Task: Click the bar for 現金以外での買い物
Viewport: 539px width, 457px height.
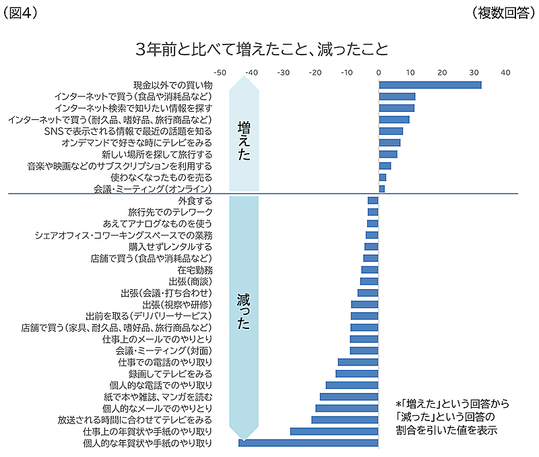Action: point(430,85)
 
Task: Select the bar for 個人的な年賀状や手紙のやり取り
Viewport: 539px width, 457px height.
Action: point(309,443)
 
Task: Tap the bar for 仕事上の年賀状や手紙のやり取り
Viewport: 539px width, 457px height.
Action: point(334,431)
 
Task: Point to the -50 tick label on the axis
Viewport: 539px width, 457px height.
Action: point(219,72)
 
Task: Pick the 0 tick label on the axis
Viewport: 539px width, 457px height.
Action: point(379,72)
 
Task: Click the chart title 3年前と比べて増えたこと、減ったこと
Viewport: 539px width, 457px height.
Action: point(261,49)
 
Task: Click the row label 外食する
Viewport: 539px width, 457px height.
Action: point(195,201)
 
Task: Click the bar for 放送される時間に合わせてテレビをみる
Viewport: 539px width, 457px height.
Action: point(345,420)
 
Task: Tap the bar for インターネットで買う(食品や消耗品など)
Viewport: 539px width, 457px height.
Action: point(397,96)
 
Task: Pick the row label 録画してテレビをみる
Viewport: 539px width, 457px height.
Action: point(170,373)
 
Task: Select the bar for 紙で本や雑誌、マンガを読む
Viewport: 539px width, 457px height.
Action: point(349,396)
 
